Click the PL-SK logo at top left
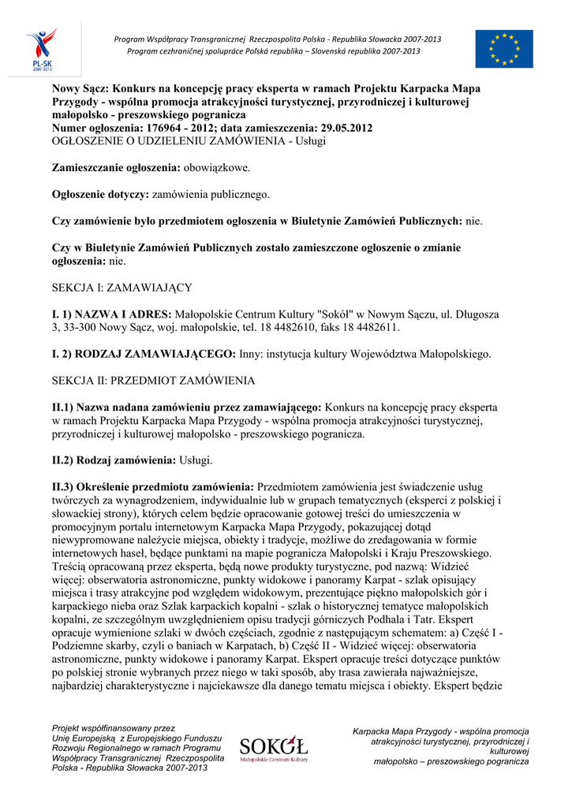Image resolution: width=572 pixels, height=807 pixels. pos(40,49)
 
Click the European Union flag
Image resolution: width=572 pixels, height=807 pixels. pos(503,49)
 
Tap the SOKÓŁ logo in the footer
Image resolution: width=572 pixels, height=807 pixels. pos(274,748)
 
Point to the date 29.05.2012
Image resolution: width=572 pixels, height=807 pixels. pos(344,128)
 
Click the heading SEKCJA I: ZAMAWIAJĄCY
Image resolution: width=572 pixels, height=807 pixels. pos(122,288)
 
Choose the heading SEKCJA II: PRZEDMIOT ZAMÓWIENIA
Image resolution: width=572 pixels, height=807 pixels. pos(153,381)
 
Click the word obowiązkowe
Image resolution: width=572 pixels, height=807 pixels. pos(217,168)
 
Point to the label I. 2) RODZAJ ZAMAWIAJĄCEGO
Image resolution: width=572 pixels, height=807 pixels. pos(143,354)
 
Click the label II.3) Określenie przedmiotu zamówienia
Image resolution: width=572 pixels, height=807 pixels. pos(152,486)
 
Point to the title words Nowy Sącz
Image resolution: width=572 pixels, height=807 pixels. pos(83,88)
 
